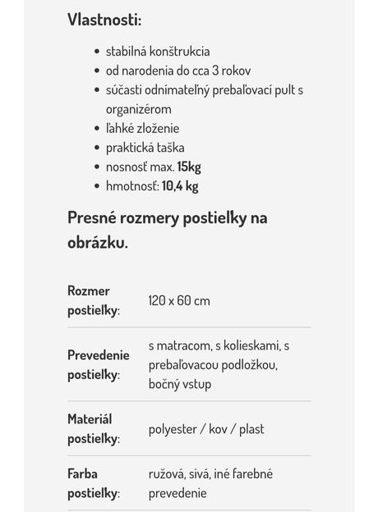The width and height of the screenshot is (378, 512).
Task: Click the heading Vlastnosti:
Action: [x=104, y=21]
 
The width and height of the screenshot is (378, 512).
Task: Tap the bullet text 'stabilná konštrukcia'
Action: [x=158, y=52]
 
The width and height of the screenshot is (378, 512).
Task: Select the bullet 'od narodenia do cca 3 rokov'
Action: [x=178, y=71]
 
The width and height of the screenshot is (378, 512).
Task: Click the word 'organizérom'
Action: [x=138, y=109]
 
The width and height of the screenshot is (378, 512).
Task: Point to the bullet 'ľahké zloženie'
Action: [x=142, y=128]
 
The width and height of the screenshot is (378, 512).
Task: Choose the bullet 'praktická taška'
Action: [x=145, y=148]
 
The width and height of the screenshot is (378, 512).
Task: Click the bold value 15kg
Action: [x=189, y=167]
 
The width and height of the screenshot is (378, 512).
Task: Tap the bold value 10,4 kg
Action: [x=180, y=185]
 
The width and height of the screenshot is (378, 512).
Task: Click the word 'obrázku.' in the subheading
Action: [x=98, y=243]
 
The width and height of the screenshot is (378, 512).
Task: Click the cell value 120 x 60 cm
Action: [x=179, y=300]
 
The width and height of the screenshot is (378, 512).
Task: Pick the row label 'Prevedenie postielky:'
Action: [x=98, y=364]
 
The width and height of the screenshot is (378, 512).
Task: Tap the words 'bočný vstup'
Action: [x=180, y=384]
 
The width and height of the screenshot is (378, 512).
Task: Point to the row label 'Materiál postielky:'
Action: [x=93, y=428]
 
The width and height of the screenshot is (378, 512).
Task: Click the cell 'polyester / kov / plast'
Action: [x=206, y=429]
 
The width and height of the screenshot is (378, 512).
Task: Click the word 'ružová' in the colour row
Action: [x=167, y=473]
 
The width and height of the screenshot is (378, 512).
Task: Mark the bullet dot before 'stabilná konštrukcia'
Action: [x=97, y=52]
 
